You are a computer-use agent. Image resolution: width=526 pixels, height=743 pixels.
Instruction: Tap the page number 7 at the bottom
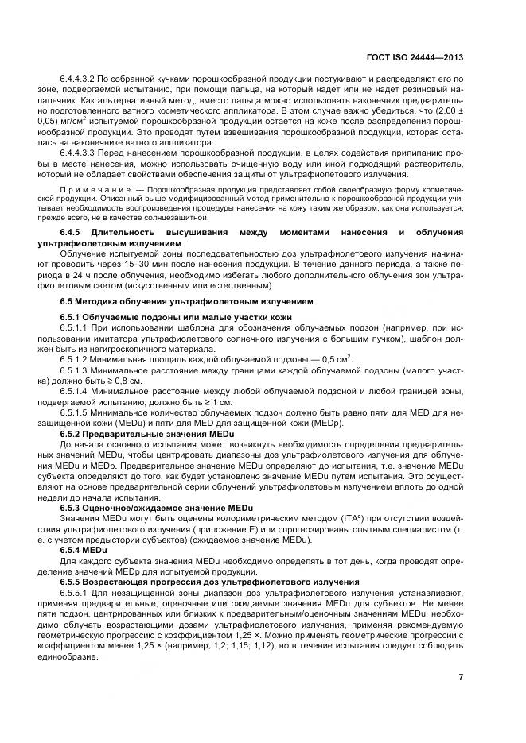point(461,678)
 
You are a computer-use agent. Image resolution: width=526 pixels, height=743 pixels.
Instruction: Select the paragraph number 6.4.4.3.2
point(78,81)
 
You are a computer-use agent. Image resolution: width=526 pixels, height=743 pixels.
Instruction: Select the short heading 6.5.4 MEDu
point(84,548)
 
